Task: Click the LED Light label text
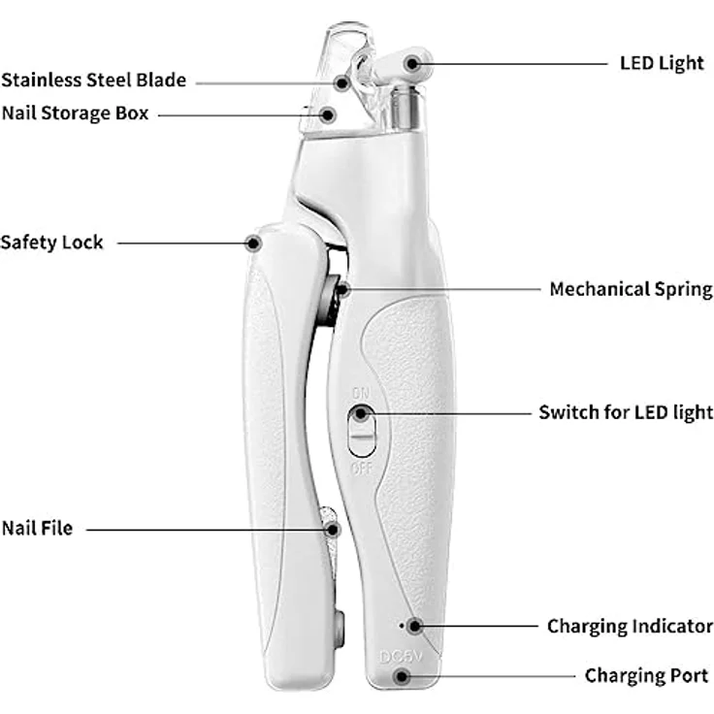tap(662, 63)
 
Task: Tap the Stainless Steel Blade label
tap(94, 81)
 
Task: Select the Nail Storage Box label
tap(75, 114)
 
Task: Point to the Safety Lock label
tap(52, 243)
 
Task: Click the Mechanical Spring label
tap(632, 290)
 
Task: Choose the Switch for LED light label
tap(626, 412)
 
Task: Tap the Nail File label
tap(37, 528)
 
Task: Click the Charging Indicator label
tap(631, 627)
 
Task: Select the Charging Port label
tap(647, 676)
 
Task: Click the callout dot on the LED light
tap(412, 64)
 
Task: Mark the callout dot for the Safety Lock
tap(253, 243)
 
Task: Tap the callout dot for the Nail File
tap(334, 530)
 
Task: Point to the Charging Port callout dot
tap(402, 676)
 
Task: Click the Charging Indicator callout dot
tap(414, 626)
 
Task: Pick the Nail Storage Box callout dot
tap(327, 115)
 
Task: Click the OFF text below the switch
tap(362, 469)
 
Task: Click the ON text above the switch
tap(361, 393)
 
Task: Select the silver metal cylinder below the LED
tap(406, 109)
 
